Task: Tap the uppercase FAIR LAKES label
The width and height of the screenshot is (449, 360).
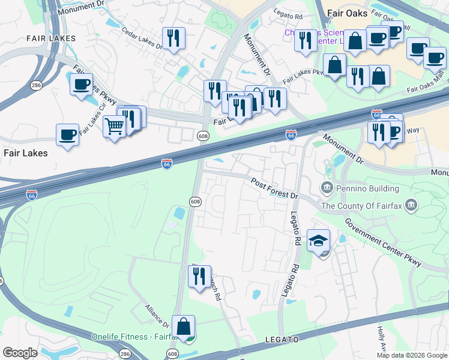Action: (x=51, y=38)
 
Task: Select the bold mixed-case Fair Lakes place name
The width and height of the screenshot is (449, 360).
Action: (x=25, y=153)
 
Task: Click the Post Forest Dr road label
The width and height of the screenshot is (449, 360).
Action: (x=274, y=188)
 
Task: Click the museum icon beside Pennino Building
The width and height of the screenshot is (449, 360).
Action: (x=328, y=188)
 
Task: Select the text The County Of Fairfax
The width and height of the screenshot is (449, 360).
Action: (x=362, y=206)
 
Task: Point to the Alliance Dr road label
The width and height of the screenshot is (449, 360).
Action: (x=157, y=316)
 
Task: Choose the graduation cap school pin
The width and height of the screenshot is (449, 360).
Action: (x=318, y=241)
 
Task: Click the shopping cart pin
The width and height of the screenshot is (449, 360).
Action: (x=114, y=127)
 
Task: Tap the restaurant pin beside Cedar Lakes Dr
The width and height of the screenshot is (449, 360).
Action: (x=173, y=39)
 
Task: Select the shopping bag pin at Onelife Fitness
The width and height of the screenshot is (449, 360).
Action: (x=184, y=328)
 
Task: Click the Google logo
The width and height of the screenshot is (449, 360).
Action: (x=20, y=352)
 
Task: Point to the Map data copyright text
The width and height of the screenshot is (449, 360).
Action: (x=412, y=355)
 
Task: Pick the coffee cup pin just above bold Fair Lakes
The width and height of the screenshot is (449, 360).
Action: (x=68, y=134)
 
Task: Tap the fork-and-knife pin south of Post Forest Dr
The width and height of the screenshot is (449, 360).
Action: (x=199, y=277)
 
